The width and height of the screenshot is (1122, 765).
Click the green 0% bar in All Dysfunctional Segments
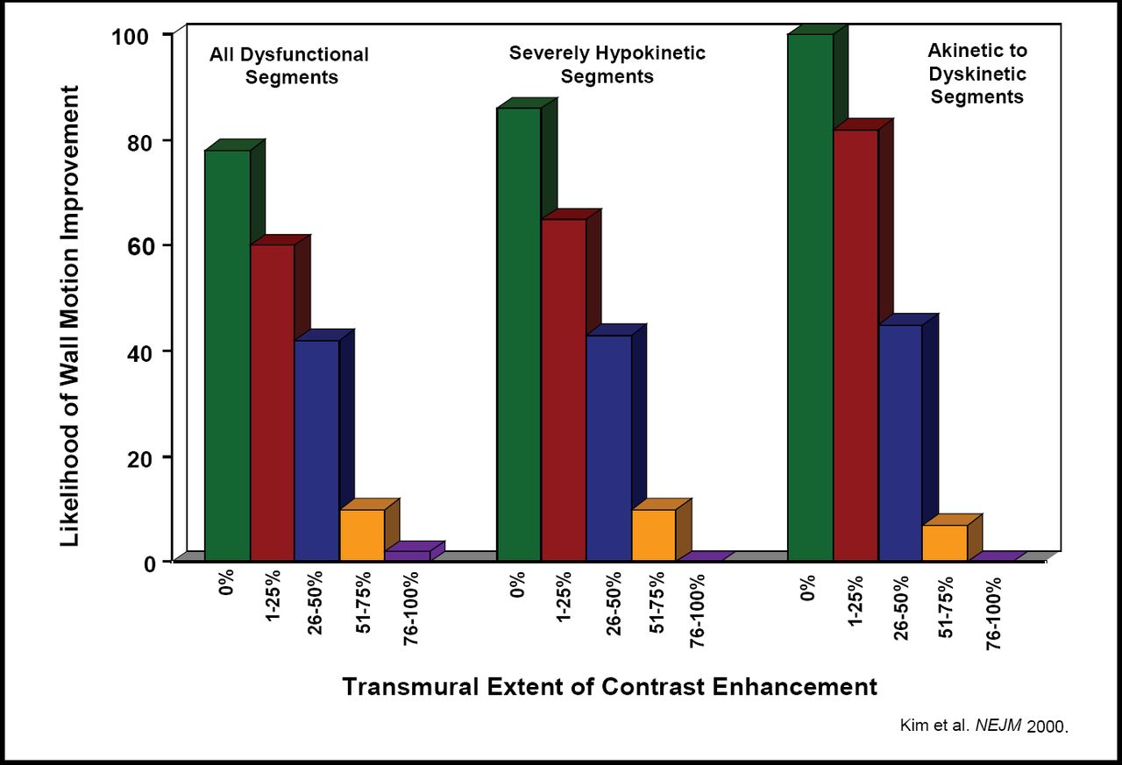(x=227, y=355)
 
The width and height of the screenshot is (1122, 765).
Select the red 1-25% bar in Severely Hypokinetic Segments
(x=564, y=390)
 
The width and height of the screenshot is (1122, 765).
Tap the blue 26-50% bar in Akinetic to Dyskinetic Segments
(x=900, y=443)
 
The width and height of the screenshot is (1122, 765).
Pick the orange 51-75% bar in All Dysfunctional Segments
(x=361, y=535)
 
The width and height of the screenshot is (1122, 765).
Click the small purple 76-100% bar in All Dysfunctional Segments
(x=407, y=556)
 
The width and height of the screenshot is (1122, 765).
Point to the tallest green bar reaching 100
(x=810, y=298)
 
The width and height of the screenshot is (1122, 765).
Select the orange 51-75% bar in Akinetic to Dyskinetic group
(x=945, y=542)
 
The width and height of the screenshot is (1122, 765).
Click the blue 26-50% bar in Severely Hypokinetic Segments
(x=608, y=448)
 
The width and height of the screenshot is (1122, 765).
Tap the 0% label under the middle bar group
(x=518, y=585)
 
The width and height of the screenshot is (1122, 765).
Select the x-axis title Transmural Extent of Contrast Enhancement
(x=609, y=686)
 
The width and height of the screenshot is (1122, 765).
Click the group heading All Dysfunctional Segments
(x=288, y=66)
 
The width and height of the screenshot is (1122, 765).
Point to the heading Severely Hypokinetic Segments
(x=607, y=65)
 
